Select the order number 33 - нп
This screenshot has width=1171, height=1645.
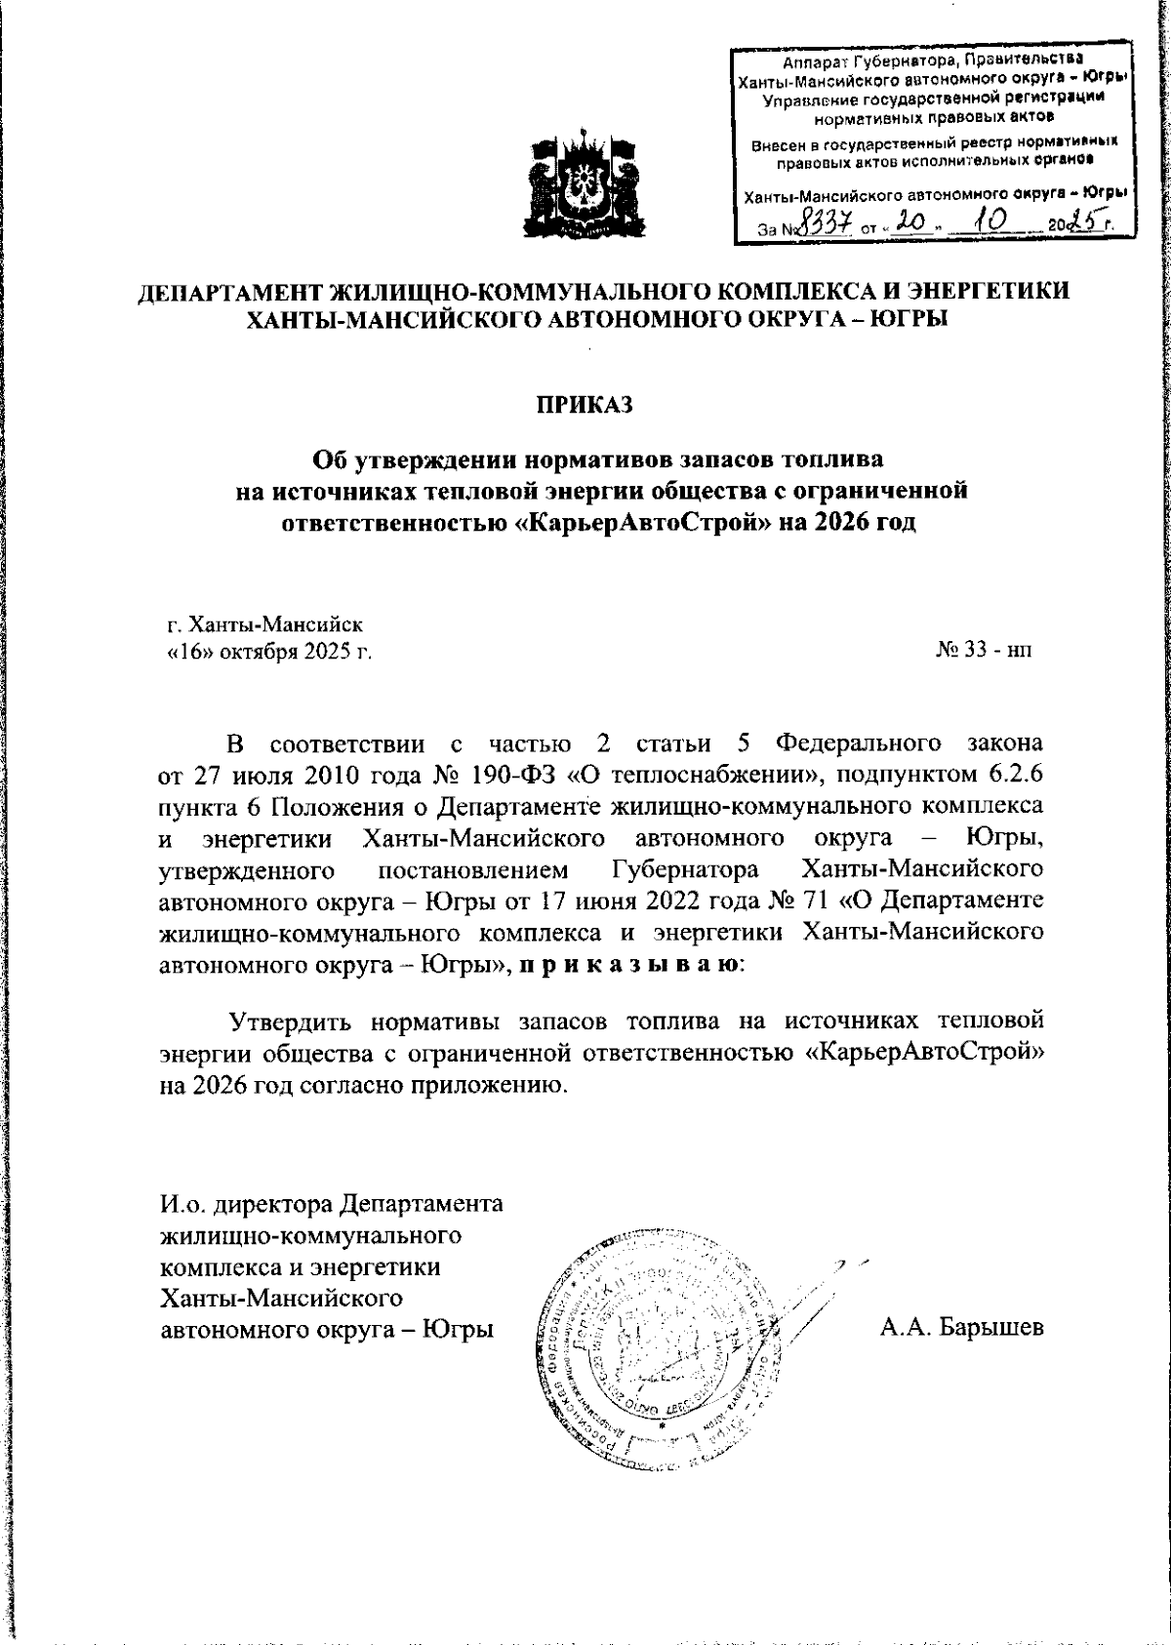pyautogui.click(x=983, y=649)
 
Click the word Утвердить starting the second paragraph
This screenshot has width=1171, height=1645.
pyautogui.click(x=292, y=1022)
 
